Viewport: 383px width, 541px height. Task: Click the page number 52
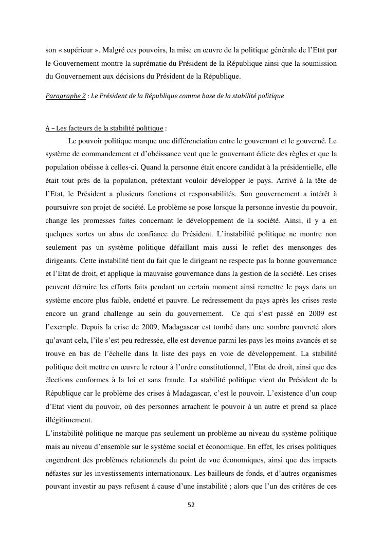coord(191,505)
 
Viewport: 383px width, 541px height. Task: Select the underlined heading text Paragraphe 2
coord(65,96)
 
